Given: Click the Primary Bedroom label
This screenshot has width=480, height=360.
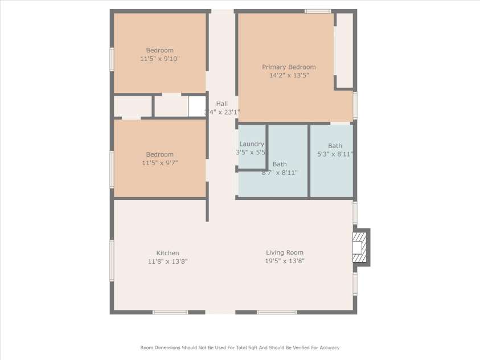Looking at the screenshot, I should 289,67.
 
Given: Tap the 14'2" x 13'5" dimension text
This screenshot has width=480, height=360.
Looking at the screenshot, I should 289,75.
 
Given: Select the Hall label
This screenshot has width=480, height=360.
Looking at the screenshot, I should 222,104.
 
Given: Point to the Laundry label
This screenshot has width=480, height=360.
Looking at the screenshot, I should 252,144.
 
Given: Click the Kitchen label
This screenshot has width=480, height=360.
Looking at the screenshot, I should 167,253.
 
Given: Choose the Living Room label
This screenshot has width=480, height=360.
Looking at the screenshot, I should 285,252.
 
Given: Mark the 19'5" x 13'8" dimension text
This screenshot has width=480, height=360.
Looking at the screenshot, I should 285,261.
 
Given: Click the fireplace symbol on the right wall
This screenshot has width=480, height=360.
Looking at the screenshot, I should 359,247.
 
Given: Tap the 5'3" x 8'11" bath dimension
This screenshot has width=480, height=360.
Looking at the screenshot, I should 335,154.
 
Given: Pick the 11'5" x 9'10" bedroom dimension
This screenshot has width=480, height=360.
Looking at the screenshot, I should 159,58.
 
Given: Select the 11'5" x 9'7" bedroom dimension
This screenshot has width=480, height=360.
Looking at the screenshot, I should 159,163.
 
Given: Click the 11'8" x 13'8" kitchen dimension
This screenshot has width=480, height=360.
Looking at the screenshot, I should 167,261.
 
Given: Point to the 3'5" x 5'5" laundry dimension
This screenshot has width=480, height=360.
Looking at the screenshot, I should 252,152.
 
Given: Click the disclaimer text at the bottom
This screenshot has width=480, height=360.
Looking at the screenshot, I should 240,347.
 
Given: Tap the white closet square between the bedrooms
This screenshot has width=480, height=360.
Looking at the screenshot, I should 197,106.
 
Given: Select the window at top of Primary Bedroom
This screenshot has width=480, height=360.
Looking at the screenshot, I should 318,11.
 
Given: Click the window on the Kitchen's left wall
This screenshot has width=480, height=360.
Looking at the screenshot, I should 112,260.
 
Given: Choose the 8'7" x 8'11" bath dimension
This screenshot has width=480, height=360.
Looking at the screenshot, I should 279,172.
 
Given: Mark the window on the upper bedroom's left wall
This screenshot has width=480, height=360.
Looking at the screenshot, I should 112,59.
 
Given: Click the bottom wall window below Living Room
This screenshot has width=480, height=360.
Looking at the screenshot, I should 277,312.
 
